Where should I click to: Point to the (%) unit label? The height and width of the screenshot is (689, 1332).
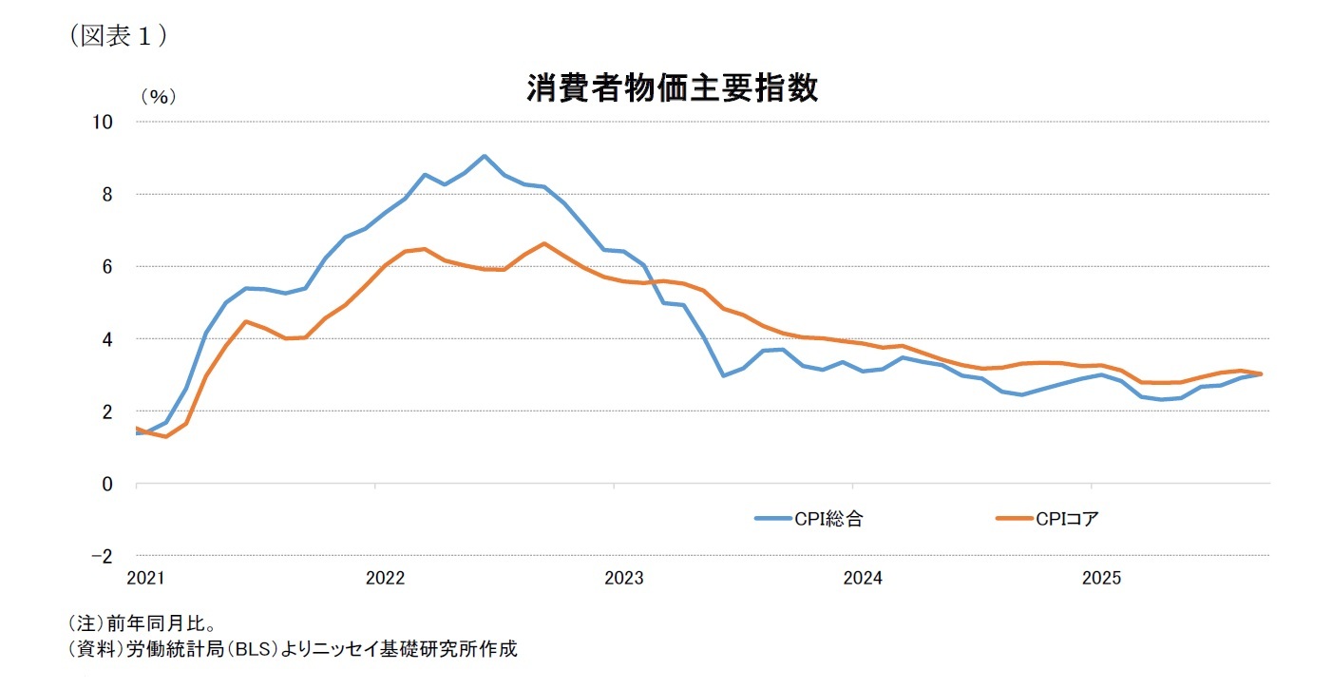coord(159,97)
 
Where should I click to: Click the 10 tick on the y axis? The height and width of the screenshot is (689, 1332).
coord(103,122)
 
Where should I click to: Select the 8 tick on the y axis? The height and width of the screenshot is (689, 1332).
coord(107,194)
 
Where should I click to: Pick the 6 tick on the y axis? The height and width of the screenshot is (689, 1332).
coord(107,267)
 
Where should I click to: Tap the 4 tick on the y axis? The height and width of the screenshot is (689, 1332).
coord(107,339)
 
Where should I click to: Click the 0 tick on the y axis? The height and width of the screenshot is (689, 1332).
coord(107,484)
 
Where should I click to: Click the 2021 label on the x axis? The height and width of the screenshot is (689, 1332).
coord(146,578)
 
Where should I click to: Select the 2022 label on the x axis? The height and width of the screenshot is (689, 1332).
coord(386,578)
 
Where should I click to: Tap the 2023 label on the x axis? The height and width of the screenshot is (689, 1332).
coord(624,578)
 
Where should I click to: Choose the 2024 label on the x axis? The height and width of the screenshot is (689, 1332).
coord(864,578)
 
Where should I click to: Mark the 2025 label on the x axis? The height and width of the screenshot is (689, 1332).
coord(1102,578)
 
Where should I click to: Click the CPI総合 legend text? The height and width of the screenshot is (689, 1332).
coord(828,519)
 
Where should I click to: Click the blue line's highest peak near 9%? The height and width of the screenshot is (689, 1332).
coord(484,156)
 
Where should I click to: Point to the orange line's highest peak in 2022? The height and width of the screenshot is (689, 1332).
coord(543,243)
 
